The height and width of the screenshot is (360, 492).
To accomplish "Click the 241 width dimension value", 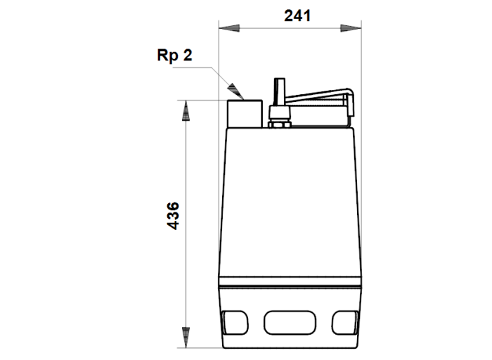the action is click(x=297, y=15).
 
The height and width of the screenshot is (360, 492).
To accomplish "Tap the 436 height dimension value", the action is click(x=173, y=216).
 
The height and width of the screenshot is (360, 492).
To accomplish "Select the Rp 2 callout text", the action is click(x=174, y=56).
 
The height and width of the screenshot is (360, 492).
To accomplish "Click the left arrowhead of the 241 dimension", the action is click(x=229, y=28).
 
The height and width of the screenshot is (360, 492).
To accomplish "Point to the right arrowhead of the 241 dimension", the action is click(x=351, y=28).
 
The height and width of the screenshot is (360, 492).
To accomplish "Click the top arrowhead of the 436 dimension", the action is click(x=186, y=110).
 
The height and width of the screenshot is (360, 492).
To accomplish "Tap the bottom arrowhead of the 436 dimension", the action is click(x=186, y=337).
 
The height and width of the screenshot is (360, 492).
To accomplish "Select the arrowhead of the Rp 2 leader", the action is click(x=236, y=91).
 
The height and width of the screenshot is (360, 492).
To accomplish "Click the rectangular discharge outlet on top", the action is click(x=245, y=114).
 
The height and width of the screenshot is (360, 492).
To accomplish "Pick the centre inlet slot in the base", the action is click(x=290, y=323).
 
